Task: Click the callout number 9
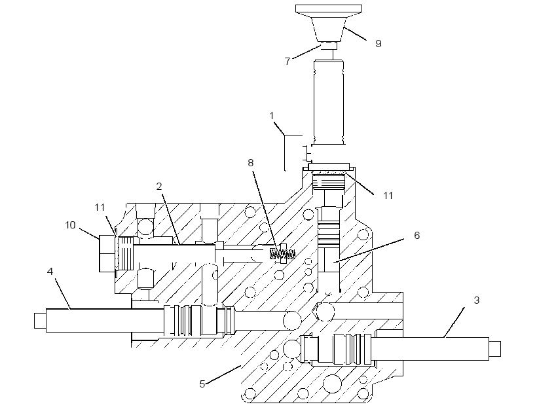pos(378,43)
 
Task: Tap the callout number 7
pos(287,62)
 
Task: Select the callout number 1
pos(272,116)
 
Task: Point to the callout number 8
pos(251,162)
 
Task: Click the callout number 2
pos(159,187)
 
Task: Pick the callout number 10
pos(70,225)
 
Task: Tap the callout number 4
pos(50,272)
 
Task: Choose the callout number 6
pos(417,235)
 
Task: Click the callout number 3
pos(476,300)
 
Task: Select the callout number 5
pos(202,384)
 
